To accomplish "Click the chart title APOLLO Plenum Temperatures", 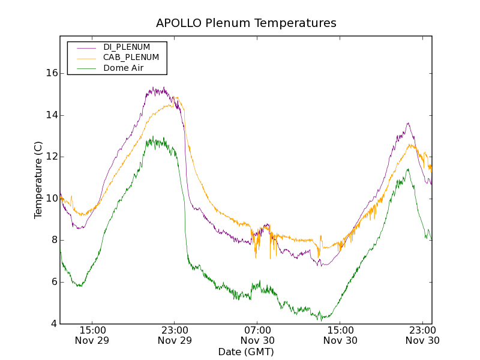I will tap(246, 23).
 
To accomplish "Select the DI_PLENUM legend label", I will tap(127, 47).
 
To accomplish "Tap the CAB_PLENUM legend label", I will tap(131, 58).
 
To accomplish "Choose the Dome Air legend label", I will tap(123, 68).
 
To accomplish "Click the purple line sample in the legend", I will tap(84, 47).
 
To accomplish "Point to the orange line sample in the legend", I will tap(84, 58).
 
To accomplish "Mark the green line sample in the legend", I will tap(84, 68).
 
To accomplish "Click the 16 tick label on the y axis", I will tap(52, 73).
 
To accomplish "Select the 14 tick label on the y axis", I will tap(52, 115).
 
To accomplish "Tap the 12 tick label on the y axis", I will tap(52, 157).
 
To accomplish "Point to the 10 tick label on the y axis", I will tap(52, 199).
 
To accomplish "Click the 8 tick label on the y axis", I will tap(54, 240).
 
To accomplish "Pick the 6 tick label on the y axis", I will tap(54, 282).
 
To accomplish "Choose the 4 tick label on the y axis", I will tap(54, 324).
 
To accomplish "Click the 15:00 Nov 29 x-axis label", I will tap(92, 335).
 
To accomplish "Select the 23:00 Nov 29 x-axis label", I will tap(175, 335).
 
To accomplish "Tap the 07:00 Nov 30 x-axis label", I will tap(257, 335).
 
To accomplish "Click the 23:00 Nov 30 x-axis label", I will tap(422, 335).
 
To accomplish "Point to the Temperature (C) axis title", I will tap(38, 180).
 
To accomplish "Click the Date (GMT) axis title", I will tap(246, 352).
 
